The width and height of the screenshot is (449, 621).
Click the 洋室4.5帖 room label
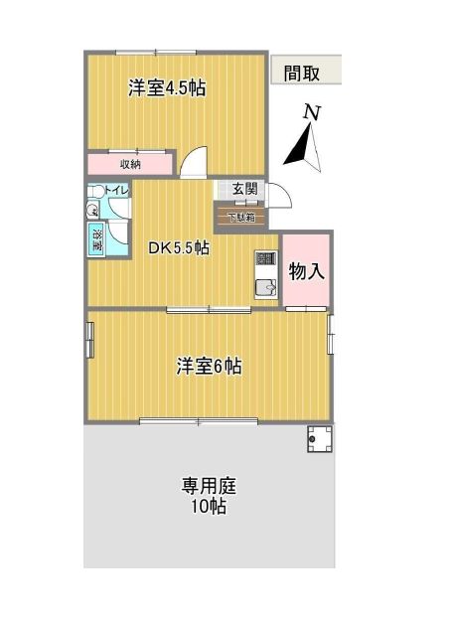tap(166, 87)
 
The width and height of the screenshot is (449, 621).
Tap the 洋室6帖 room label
tap(209, 367)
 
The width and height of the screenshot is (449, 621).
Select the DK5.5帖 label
tap(178, 248)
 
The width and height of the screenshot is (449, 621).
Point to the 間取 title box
tap(305, 72)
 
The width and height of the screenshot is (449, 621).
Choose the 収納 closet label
tap(130, 164)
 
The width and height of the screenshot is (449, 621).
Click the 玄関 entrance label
tap(244, 189)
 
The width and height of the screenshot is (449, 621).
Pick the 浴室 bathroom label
tap(97, 238)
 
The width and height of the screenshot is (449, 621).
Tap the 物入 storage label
tap(307, 270)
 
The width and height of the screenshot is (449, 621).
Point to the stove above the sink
tap(266, 261)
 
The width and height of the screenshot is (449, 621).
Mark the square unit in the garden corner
tap(320, 438)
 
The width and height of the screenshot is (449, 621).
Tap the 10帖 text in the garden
tap(208, 508)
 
